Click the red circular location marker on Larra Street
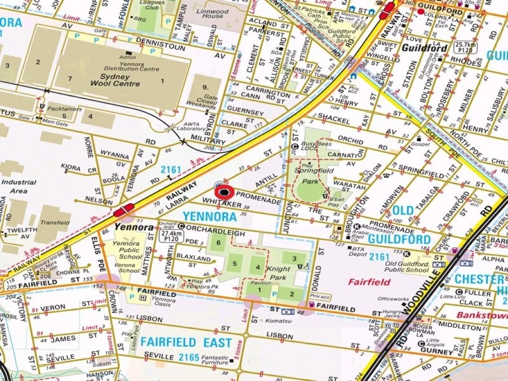(x=224, y=191)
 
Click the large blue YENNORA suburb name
(x=210, y=217)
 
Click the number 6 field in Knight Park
(x=218, y=243)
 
